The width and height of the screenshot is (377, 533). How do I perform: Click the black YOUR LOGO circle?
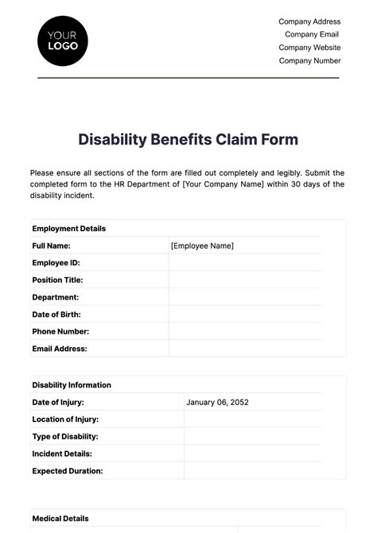(63, 40)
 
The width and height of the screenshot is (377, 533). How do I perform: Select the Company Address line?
(309, 21)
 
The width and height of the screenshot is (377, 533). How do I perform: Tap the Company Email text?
(312, 34)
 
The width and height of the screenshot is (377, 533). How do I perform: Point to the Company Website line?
(309, 48)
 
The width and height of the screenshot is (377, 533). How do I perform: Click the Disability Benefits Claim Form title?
(188, 140)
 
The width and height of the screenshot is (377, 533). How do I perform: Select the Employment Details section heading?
(69, 229)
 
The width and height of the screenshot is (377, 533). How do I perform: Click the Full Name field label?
(52, 245)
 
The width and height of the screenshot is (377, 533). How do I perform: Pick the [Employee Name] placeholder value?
(202, 245)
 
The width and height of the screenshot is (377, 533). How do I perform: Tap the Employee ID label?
(56, 263)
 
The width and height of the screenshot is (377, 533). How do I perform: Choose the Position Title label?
(57, 280)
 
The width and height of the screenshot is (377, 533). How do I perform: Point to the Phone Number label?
(60, 331)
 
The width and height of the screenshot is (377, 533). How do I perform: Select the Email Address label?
(60, 349)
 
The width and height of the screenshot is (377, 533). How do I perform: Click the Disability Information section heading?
(72, 385)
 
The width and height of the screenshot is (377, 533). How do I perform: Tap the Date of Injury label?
(58, 402)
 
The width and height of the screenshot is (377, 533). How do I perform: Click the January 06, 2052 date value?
(217, 402)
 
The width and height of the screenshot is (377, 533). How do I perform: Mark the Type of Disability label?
(65, 436)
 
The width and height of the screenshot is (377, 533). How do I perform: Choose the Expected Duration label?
(68, 471)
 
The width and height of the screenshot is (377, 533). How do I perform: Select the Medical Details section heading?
(60, 519)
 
